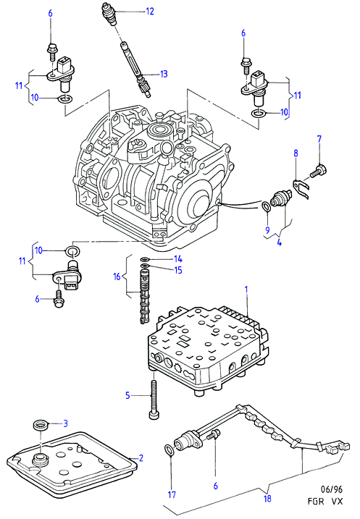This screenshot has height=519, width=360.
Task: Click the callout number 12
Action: pyautogui.click(x=150, y=12)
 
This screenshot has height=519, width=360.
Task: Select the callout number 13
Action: pyautogui.click(x=164, y=74)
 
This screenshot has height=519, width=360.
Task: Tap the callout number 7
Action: pyautogui.click(x=319, y=139)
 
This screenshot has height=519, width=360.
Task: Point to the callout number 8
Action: pyautogui.click(x=296, y=153)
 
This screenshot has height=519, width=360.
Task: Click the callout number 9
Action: pyautogui.click(x=267, y=229)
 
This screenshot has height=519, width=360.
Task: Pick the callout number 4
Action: pyautogui.click(x=280, y=242)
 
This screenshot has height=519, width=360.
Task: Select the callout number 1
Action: pyautogui.click(x=246, y=290)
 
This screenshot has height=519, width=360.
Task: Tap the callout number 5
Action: pyautogui.click(x=127, y=395)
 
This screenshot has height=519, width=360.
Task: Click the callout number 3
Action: pyautogui.click(x=66, y=423)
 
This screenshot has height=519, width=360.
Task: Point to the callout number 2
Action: pyautogui.click(x=141, y=458)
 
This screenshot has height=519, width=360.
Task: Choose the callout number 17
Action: pyautogui.click(x=172, y=495)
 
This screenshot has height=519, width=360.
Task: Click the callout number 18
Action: pyautogui.click(x=267, y=499)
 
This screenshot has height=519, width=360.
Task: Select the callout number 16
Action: pyautogui.click(x=117, y=277)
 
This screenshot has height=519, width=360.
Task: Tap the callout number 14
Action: pyautogui.click(x=178, y=259)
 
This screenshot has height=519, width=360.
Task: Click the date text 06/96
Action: pyautogui.click(x=332, y=489)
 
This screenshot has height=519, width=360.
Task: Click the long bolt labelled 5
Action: pyautogui.click(x=154, y=400)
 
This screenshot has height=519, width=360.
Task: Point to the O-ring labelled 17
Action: pyautogui.click(x=169, y=450)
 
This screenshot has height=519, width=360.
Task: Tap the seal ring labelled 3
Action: pyautogui.click(x=41, y=425)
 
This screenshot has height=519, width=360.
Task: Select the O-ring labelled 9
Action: pyautogui.click(x=266, y=207)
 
